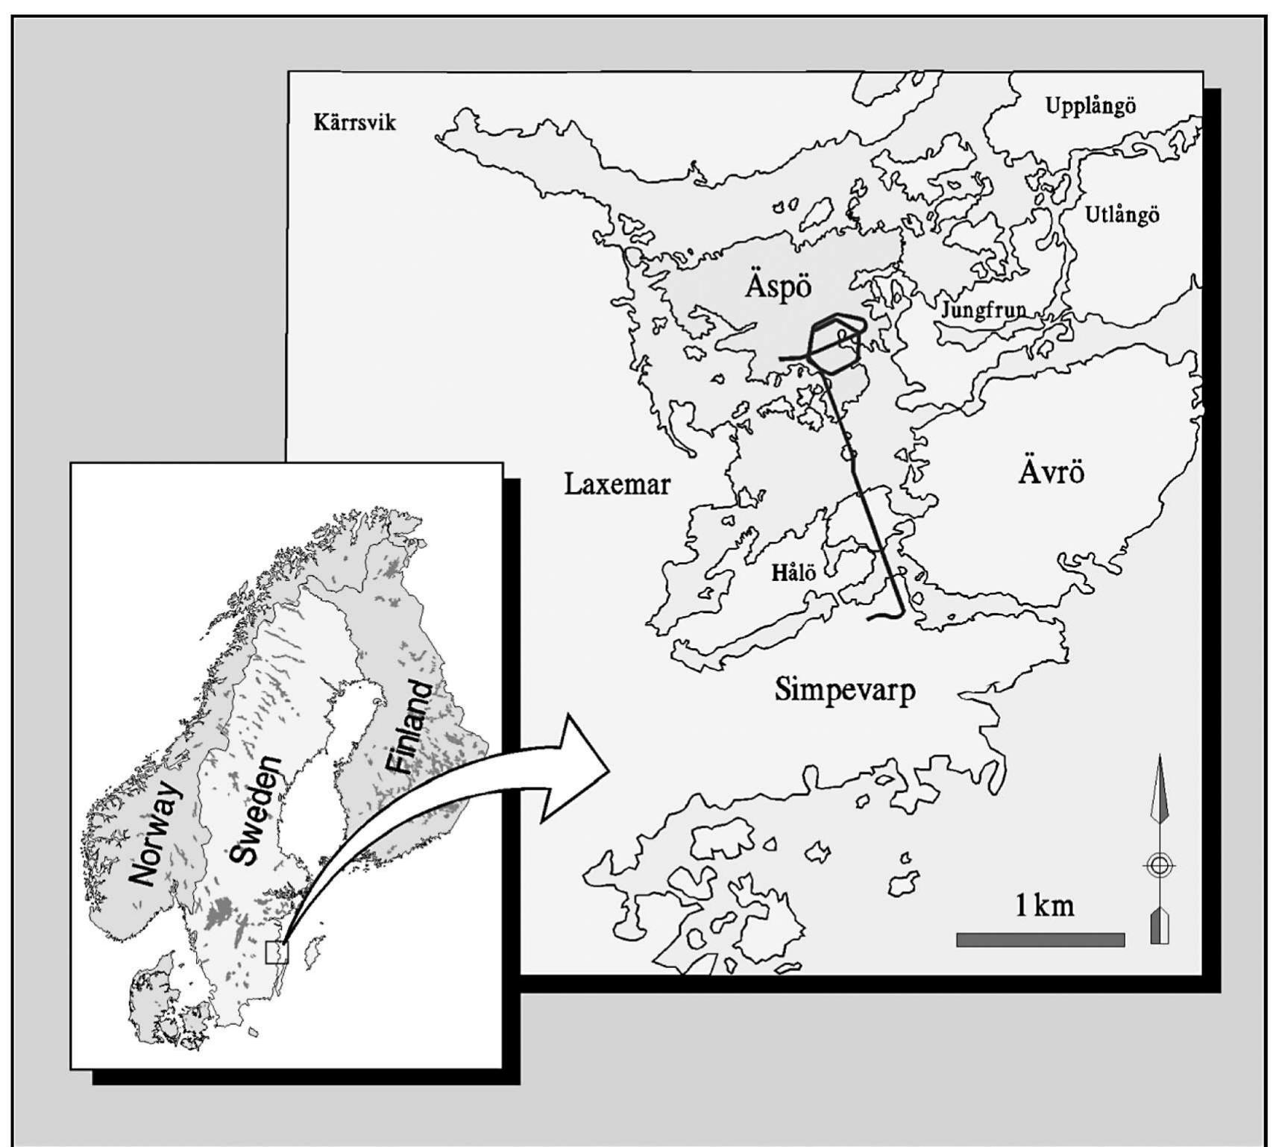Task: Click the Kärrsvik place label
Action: coord(354,122)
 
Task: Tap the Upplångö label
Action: coord(1090,106)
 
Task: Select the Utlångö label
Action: coord(1122,215)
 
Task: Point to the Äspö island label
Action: coord(778,286)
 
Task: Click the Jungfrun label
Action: coord(983,309)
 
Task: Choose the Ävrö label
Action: coord(1051,473)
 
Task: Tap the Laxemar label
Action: coord(617,485)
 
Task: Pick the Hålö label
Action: coord(793,573)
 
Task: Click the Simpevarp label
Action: coord(845,690)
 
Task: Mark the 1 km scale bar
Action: coord(1040,940)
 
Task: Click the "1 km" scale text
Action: coord(1044,905)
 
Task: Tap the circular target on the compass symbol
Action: coord(1158,866)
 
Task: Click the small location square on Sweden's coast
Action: coord(276,952)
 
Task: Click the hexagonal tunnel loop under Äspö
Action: coord(836,344)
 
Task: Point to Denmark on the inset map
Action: coord(157,999)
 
